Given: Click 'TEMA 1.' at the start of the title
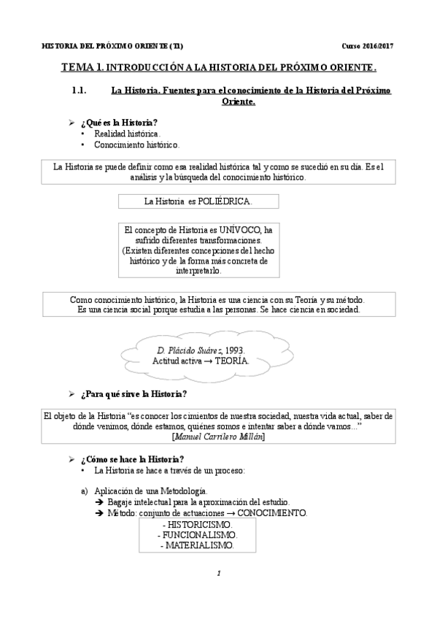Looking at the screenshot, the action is (x=82, y=67).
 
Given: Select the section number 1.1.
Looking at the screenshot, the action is (x=79, y=91).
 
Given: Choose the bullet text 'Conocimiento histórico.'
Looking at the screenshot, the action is (x=136, y=145).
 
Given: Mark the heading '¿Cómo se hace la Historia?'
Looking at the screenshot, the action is (x=131, y=458).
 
